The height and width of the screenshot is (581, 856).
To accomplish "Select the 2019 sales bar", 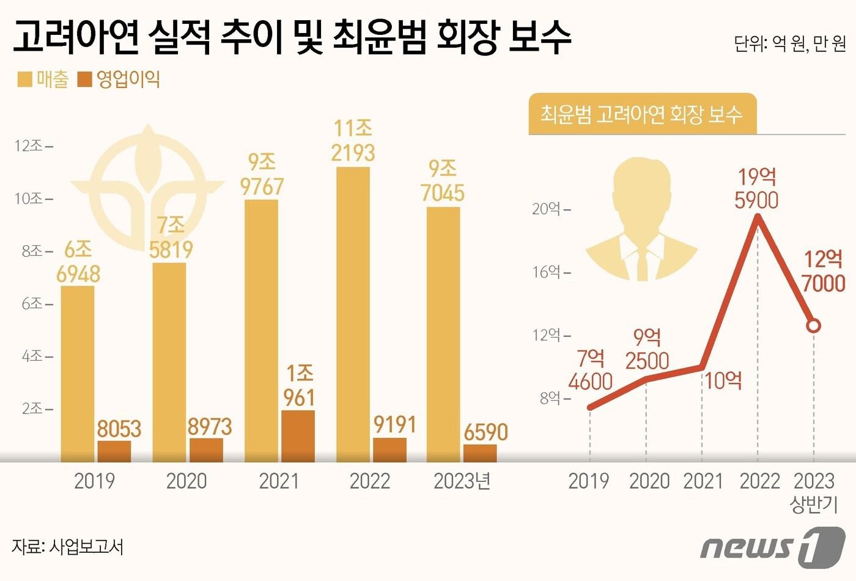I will point(78,373).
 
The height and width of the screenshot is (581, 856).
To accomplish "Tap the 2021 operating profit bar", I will point(298,435).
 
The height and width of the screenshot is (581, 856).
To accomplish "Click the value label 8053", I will point(119,429).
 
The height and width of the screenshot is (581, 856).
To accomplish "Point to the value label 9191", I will point(394,425).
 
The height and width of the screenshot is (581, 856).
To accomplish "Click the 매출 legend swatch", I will point(24,80).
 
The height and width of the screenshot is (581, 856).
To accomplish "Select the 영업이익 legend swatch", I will point(84,80).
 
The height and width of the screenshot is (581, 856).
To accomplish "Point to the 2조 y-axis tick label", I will point(32,409).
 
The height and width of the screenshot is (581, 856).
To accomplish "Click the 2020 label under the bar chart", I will point(186,481).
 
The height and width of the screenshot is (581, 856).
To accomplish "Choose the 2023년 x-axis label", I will point(462,481).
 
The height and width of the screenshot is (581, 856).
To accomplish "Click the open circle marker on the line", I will point(813,326).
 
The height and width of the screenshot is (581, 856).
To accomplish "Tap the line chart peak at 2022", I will point(758,221).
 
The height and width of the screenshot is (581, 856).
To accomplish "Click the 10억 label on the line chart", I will point(723,381).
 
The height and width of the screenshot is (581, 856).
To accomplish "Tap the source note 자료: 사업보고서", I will point(68,546).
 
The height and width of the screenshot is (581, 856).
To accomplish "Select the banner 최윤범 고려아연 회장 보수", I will point(642,114).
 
